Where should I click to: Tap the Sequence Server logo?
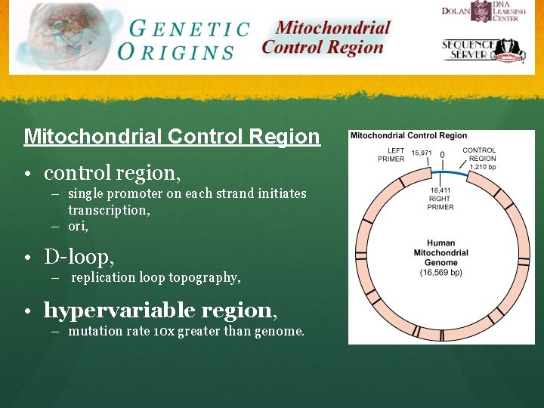(484, 51)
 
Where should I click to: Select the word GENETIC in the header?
(189, 29)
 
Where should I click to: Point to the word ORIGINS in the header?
(176, 52)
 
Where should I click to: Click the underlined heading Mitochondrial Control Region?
(172, 137)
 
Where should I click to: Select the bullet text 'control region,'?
(112, 173)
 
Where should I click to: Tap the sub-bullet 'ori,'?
(78, 226)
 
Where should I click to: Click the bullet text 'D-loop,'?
(79, 257)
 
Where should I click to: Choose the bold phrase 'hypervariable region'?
(157, 310)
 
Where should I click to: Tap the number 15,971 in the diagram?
(421, 153)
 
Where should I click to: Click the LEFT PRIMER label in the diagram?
(391, 154)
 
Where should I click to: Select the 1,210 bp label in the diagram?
(482, 167)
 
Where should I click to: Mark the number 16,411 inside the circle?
(440, 190)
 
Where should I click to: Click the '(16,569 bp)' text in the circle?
(440, 271)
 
